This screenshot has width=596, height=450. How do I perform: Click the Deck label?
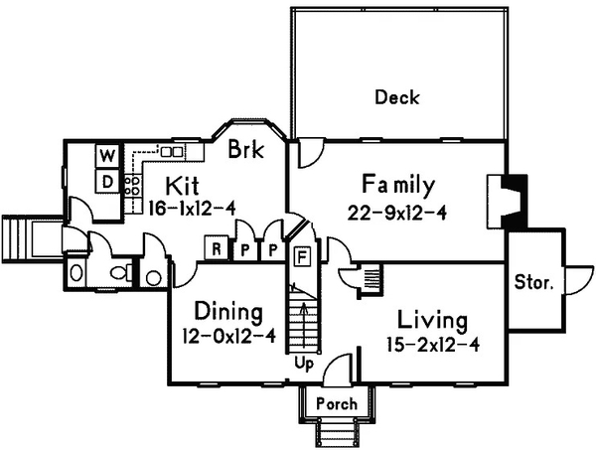[x=396, y=97]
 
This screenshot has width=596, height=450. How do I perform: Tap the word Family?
[x=397, y=185]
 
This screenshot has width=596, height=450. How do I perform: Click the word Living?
[x=432, y=321]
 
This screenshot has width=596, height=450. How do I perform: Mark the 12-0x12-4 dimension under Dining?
[x=228, y=336]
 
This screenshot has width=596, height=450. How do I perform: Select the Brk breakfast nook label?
[x=245, y=152]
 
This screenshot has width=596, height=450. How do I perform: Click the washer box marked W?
[x=107, y=155]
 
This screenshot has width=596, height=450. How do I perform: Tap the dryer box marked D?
[x=107, y=180]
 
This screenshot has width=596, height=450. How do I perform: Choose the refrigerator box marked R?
[x=214, y=248]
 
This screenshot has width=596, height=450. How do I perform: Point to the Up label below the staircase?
[x=304, y=365]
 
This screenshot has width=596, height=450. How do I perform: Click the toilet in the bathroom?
[x=116, y=271]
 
